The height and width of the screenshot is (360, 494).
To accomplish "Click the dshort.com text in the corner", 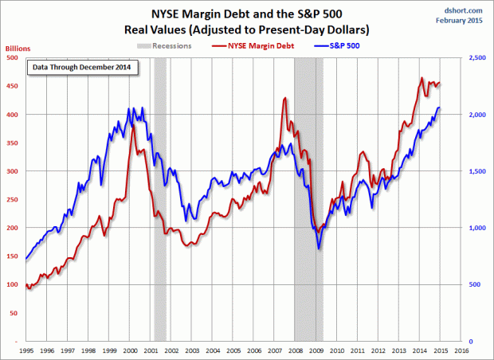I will [x=469, y=7].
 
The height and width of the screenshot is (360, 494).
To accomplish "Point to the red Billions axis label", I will [x=14, y=47].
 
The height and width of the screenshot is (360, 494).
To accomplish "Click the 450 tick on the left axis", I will [x=14, y=87].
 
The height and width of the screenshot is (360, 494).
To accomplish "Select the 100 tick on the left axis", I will [x=14, y=284].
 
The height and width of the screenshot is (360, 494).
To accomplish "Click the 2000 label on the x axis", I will [x=131, y=350].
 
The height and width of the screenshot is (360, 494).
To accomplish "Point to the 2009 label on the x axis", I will [x=316, y=350].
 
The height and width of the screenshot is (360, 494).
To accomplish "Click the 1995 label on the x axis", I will [x=27, y=350].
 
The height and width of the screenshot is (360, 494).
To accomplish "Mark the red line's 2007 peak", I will [x=284, y=98].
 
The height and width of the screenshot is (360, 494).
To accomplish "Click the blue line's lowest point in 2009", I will [x=319, y=248].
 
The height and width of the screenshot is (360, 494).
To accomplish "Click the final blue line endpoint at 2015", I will [x=440, y=108].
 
